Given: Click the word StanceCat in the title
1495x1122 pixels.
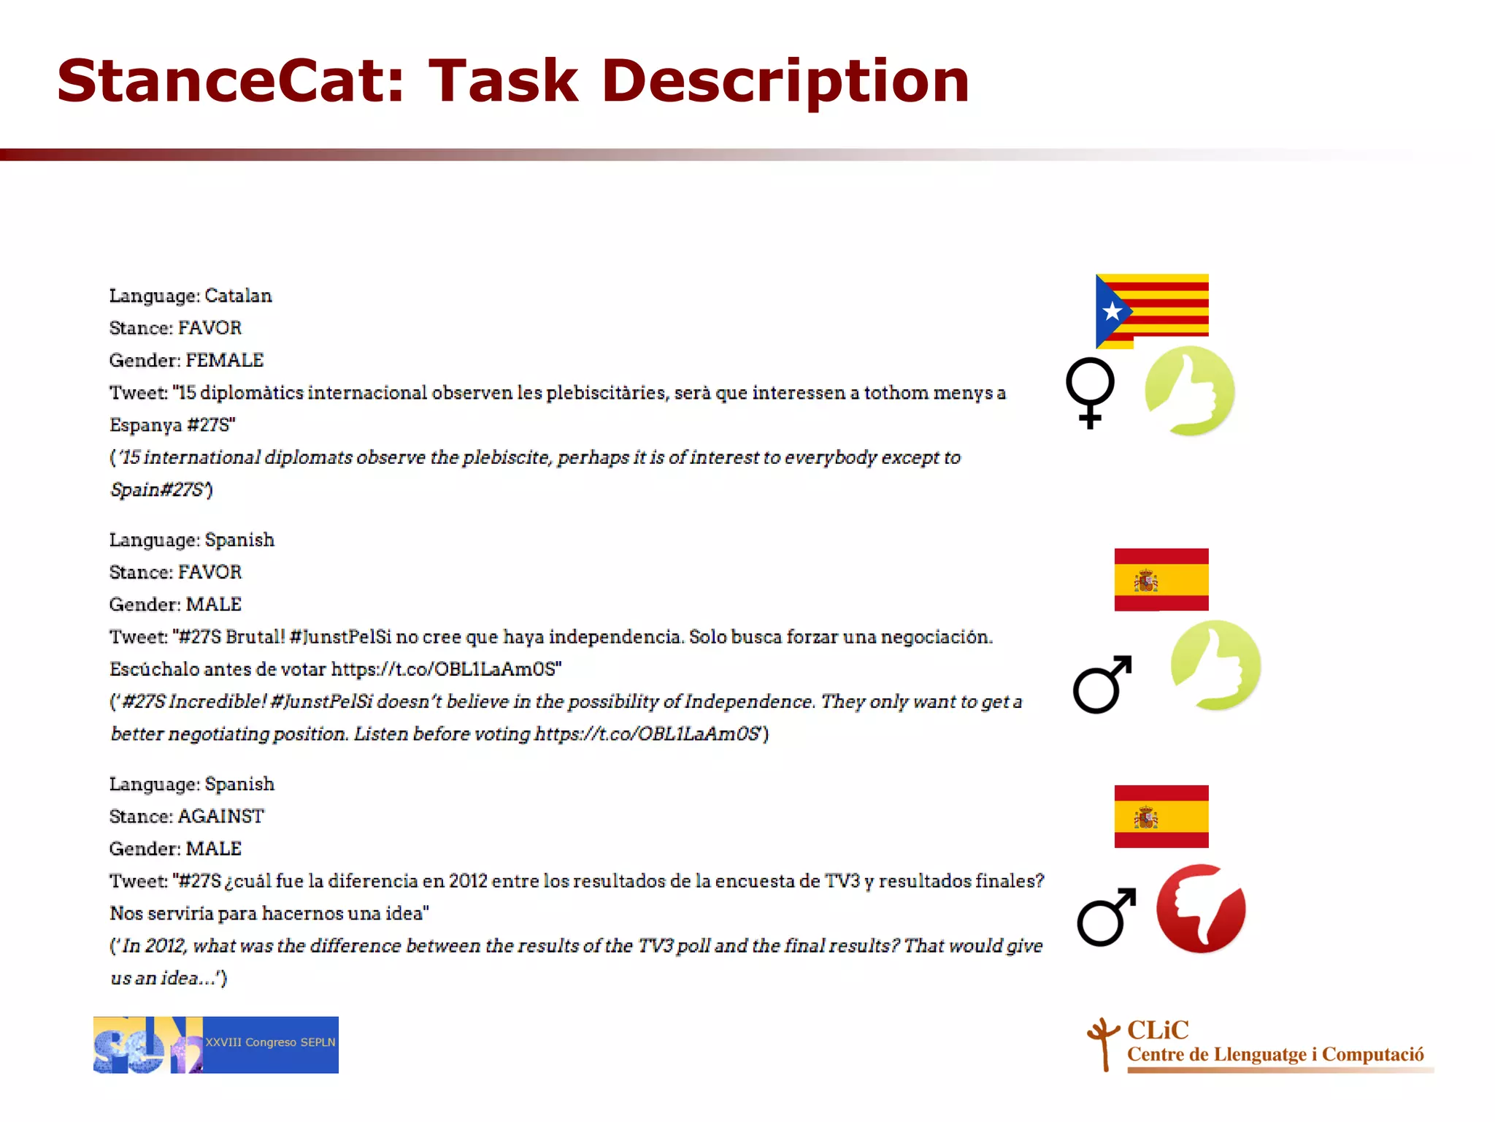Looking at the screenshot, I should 231,80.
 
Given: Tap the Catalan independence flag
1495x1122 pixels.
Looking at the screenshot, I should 1152,310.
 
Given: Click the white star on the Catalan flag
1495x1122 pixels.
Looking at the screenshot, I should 1112,312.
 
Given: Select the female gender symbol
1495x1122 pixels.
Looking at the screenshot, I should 1090,392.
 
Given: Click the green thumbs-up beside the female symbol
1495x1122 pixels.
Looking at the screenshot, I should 1189,391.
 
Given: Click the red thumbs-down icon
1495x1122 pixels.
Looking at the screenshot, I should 1201,909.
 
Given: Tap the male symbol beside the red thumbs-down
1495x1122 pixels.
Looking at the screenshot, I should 1106,917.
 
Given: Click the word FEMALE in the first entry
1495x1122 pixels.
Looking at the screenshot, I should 224,360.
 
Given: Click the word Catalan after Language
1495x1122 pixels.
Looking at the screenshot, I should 238,296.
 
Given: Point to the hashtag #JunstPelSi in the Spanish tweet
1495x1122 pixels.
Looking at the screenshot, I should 340,637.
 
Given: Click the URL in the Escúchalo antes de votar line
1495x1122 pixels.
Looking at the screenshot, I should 446,669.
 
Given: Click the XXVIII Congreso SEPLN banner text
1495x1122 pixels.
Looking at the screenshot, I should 270,1042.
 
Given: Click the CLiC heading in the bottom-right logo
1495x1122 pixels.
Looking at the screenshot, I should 1158,1030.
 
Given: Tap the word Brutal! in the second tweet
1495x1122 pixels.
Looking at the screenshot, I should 255,637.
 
